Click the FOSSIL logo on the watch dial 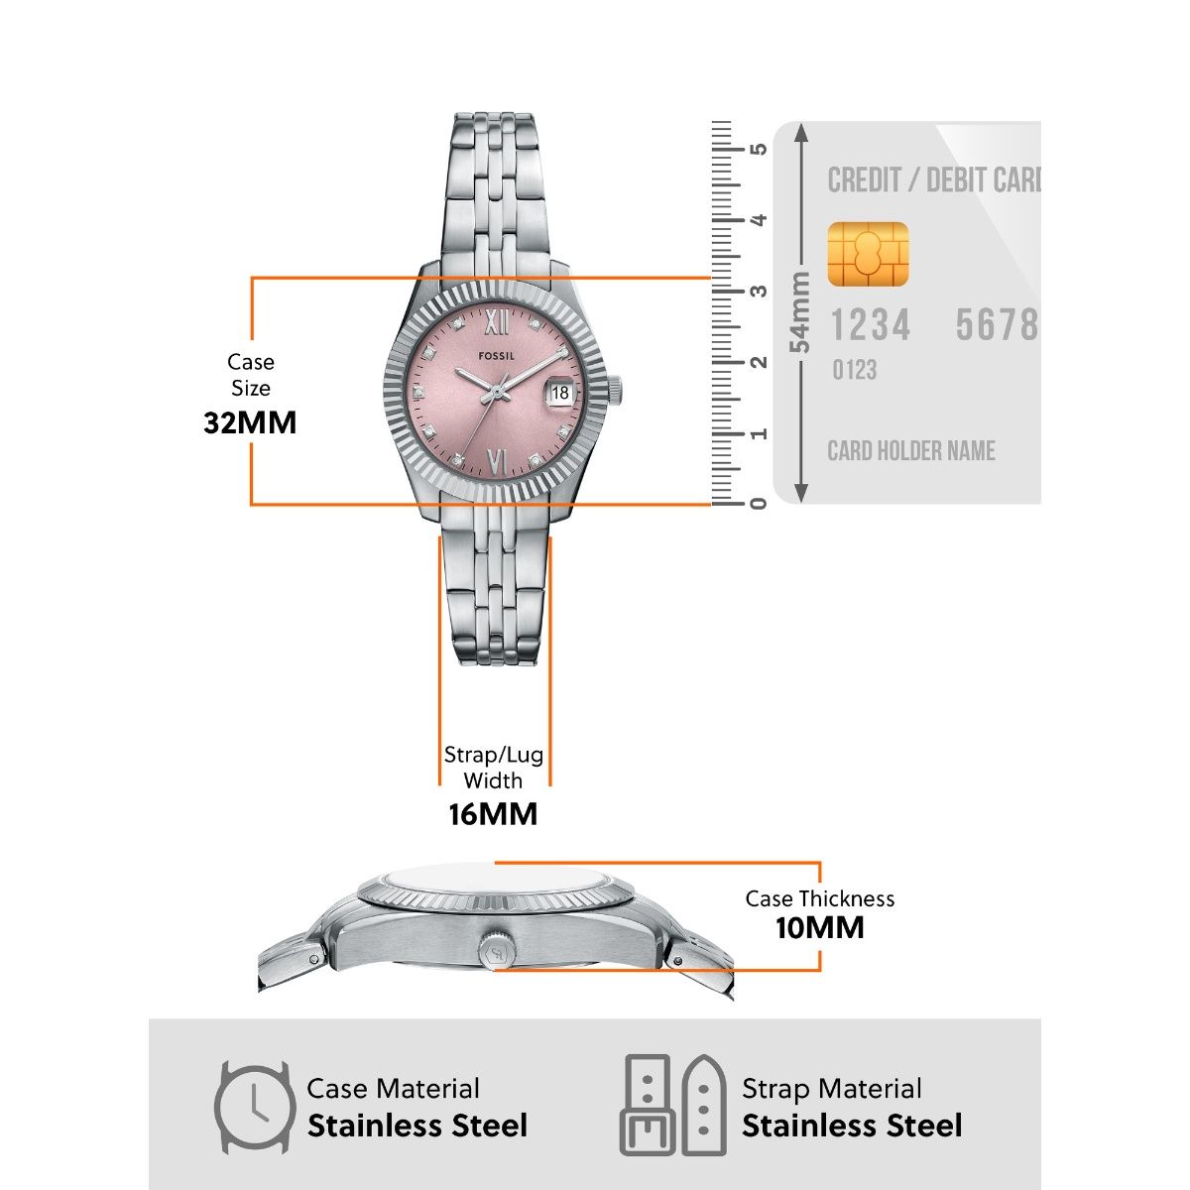point(497,355)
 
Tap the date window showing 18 point(560,393)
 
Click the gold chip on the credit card point(868,254)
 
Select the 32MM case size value point(250,422)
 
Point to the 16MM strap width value point(493,814)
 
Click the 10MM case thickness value point(819,928)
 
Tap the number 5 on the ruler point(760,150)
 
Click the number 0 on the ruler point(760,503)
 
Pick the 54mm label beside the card point(799,312)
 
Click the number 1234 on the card point(870,325)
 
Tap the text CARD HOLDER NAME point(911,451)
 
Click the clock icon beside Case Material point(255,1107)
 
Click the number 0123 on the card point(854,371)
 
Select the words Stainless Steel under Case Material point(417,1127)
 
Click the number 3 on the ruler point(760,292)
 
